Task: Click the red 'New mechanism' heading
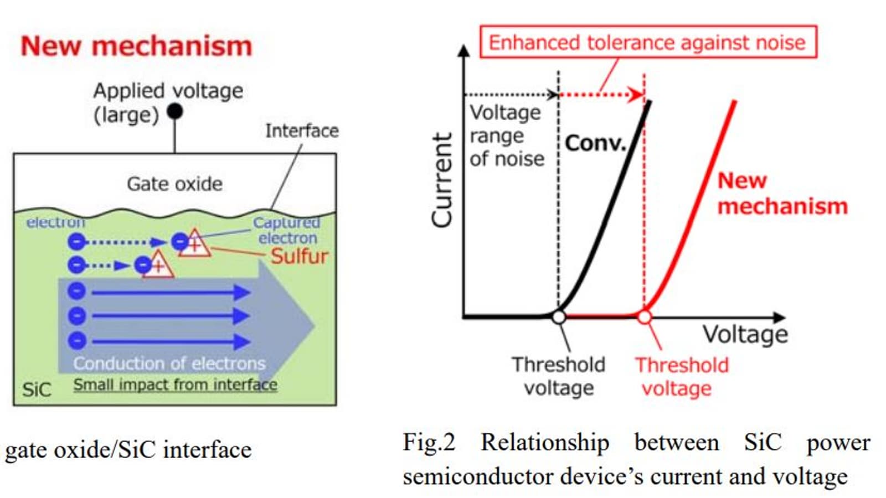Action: tap(136, 46)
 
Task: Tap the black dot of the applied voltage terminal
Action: tap(175, 111)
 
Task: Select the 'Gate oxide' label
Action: tap(174, 184)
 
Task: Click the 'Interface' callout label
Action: tap(302, 131)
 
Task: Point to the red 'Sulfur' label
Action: tap(299, 256)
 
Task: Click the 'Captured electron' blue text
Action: tap(287, 230)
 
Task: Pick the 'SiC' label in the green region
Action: tap(37, 390)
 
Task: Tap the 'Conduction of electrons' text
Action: tap(169, 363)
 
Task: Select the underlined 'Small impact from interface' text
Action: tap(175, 385)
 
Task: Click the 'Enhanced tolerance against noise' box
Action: tap(647, 42)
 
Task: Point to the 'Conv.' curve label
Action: tap(595, 143)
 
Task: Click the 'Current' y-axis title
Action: tap(442, 180)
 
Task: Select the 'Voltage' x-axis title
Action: tap(745, 334)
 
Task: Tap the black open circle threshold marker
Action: tap(559, 317)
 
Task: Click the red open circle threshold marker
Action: tap(644, 317)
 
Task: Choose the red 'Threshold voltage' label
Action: tap(681, 376)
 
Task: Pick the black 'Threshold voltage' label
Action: tap(558, 376)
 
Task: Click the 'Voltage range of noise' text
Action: tap(506, 136)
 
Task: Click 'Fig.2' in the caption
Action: tap(429, 443)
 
